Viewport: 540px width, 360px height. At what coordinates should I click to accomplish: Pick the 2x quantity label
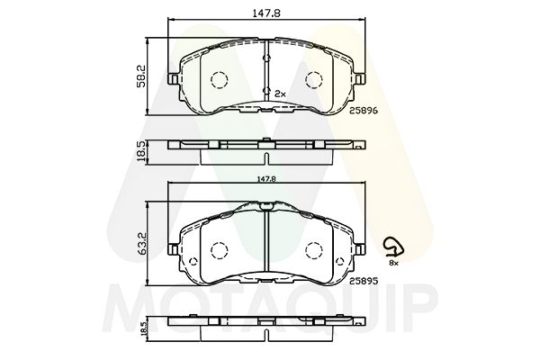(279, 94)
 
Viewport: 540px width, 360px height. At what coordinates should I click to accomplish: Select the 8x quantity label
(393, 262)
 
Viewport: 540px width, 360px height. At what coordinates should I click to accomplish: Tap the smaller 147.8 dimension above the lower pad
(264, 179)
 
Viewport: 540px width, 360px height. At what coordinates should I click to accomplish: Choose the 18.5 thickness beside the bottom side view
(142, 329)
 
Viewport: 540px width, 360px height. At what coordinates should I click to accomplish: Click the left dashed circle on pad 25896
(219, 80)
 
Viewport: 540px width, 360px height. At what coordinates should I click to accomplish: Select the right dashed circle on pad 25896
(314, 80)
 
